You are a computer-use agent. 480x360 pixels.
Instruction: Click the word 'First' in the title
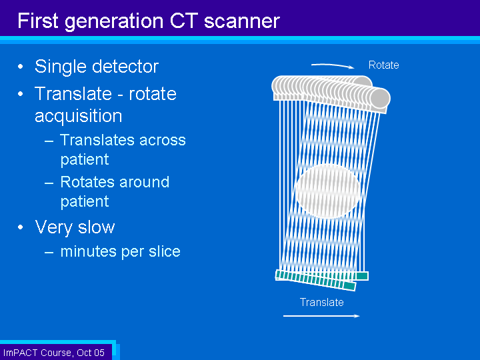(x=37, y=21)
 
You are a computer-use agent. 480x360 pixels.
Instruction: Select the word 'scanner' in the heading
(x=242, y=21)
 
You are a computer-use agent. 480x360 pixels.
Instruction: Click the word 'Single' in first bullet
(x=60, y=67)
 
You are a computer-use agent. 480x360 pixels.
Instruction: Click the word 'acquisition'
(x=79, y=116)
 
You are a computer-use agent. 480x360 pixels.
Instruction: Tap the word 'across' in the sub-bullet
(x=162, y=140)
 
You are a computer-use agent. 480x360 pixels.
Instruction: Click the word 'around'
(x=145, y=182)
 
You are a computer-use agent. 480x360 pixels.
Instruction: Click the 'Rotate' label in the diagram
(x=383, y=65)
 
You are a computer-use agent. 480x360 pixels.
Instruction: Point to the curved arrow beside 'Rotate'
(x=333, y=65)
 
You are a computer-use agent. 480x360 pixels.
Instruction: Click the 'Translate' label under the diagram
(x=322, y=302)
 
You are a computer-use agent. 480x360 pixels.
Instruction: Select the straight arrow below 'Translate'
(x=321, y=316)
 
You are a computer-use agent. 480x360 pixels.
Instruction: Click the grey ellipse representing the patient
(x=327, y=191)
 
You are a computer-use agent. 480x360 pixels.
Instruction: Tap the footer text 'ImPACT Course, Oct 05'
(x=54, y=353)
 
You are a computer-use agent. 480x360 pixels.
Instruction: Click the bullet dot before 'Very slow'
(x=21, y=227)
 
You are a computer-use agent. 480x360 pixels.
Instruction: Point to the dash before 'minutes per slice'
(x=49, y=252)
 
